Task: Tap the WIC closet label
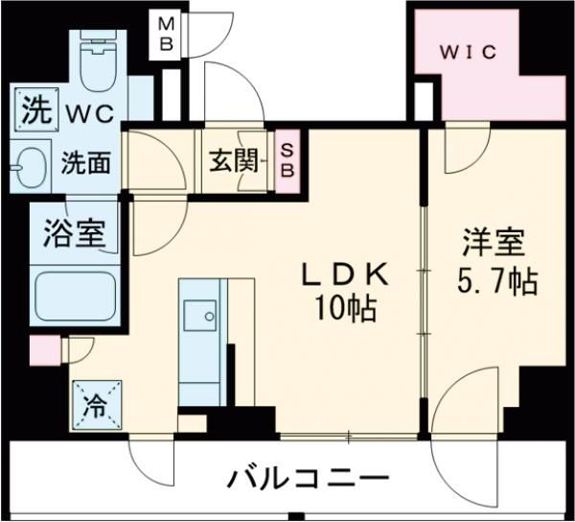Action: (469, 52)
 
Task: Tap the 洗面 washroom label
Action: (86, 163)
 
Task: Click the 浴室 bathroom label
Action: (73, 233)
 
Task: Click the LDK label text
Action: (346, 275)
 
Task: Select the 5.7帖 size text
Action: (493, 282)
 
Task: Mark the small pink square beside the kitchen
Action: (45, 351)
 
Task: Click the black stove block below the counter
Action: (195, 420)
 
